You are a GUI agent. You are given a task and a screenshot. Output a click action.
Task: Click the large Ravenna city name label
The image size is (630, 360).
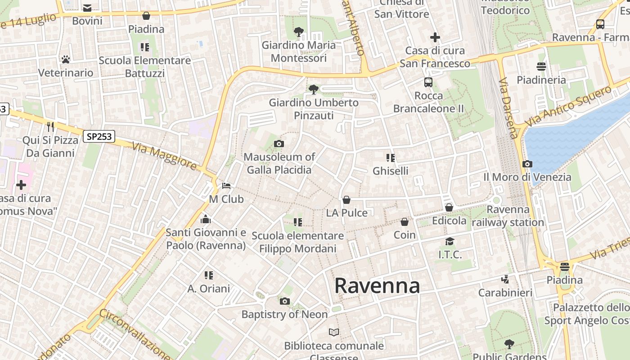coord(377,286)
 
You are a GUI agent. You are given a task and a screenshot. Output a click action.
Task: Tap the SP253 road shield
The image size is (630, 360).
coord(99,136)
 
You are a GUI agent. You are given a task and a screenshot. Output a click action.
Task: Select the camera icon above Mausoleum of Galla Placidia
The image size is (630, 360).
coord(279,144)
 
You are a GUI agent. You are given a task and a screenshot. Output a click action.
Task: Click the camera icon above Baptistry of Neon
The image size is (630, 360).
coord(285,301)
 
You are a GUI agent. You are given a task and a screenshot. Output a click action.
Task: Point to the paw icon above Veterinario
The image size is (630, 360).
coord(66,59)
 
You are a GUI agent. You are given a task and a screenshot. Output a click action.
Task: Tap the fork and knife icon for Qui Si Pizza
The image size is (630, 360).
coord(50,127)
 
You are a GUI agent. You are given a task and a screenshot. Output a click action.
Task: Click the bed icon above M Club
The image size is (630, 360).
coord(226,186)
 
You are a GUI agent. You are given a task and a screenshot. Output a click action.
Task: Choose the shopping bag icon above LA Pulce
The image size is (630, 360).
coord(346,200)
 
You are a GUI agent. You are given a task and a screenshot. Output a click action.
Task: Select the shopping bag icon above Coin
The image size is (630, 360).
coord(405,222)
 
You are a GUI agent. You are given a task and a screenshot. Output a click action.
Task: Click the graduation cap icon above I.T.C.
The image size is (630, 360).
coord(450,242)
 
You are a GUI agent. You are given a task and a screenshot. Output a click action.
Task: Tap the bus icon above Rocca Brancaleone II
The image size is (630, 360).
coord(428,82)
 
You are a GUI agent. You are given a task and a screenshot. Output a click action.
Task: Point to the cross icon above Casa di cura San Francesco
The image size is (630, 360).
coord(435,37)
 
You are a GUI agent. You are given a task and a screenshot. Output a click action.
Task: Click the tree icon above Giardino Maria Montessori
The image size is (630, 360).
coord(298,32)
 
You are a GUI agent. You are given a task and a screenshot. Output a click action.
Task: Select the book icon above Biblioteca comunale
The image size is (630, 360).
coord(334,333)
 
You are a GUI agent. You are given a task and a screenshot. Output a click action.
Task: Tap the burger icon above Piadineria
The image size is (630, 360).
coord(541,67)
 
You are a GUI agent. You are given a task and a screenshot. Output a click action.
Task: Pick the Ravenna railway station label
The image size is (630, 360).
coord(508,216)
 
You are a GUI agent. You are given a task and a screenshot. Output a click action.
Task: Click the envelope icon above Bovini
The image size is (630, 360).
coord(87,8)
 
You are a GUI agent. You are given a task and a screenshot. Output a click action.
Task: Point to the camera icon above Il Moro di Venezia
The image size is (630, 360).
coord(527,164)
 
